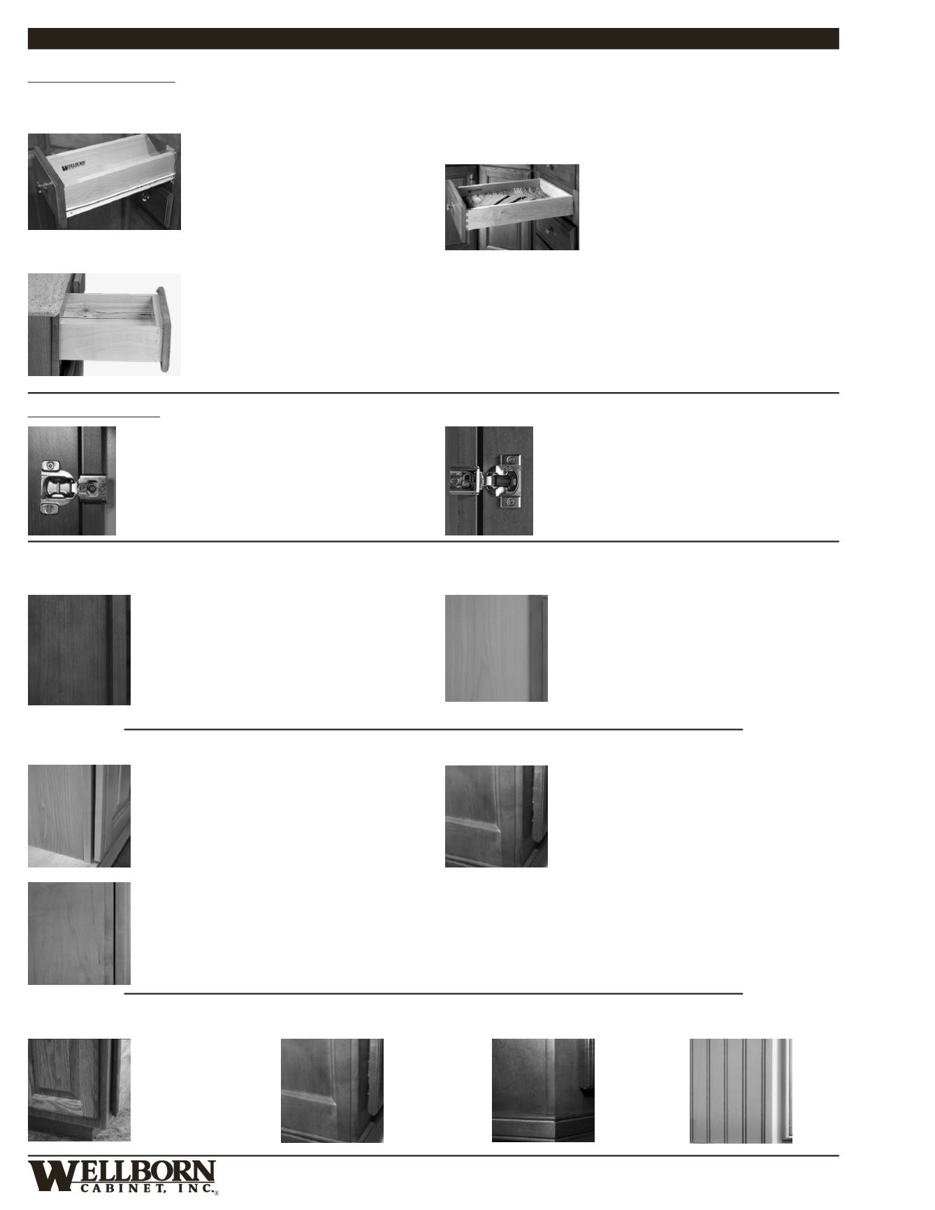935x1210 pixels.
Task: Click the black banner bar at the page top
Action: pos(433,38)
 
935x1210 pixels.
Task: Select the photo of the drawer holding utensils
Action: pos(512,207)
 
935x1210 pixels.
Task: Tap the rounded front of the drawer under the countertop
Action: pos(164,329)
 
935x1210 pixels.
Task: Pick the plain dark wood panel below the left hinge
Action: pos(79,649)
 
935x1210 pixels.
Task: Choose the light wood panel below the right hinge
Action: pos(496,648)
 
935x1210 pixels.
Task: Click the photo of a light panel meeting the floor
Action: pos(79,816)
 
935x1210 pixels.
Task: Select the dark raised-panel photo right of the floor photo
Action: pos(496,816)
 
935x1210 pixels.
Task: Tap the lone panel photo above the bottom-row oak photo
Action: pos(79,933)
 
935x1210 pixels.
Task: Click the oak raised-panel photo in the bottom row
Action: pos(79,1090)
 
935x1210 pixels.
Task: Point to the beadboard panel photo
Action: pos(741,1090)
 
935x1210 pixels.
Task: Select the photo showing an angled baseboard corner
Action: pos(543,1090)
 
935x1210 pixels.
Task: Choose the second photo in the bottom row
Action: pos(332,1090)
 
